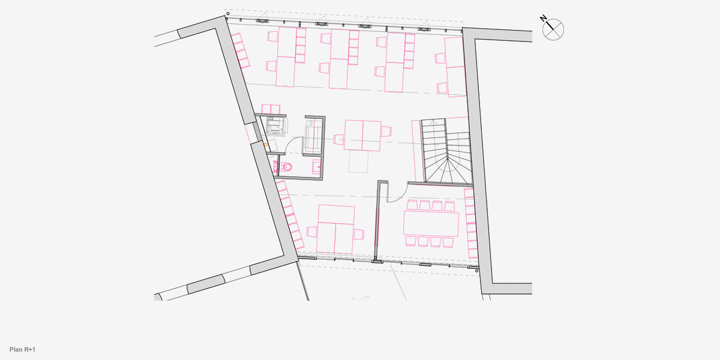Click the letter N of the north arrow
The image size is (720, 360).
tap(543, 19)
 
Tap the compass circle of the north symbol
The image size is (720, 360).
tap(553, 29)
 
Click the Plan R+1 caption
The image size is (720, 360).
tap(23, 349)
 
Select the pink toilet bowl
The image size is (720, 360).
tap(286, 167)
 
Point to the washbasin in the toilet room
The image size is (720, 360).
tap(317, 167)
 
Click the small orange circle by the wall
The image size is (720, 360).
tap(265, 145)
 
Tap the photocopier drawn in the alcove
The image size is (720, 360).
tap(277, 126)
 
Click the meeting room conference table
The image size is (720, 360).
tap(431, 223)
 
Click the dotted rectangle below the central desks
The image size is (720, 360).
tap(358, 161)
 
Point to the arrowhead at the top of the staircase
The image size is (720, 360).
tap(433, 122)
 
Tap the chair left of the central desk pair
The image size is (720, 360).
tap(339, 139)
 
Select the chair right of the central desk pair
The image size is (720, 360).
tap(386, 131)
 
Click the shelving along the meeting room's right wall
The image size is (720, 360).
tap(471, 223)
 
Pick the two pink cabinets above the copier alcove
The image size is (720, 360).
tap(271, 109)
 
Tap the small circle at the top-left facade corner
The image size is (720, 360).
tap(228, 13)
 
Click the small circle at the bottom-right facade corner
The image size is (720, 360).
tap(476, 271)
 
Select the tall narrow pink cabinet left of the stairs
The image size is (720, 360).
tap(418, 151)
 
